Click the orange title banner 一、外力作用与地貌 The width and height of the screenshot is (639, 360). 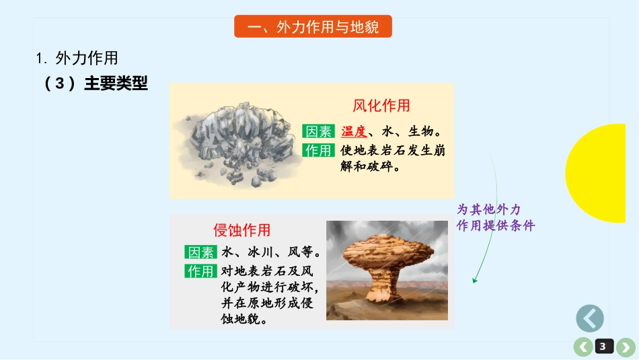point(313,27)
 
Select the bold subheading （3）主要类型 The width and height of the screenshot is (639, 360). point(95,83)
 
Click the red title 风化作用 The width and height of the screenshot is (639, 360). point(381,105)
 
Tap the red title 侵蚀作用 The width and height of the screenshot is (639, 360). point(241,230)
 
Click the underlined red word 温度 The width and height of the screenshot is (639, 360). point(354,131)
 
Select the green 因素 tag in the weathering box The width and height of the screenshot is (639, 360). point(318,131)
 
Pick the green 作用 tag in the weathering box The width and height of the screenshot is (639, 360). point(318,150)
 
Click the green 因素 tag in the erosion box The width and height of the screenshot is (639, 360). point(200,252)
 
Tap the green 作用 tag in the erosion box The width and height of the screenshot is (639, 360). point(200,271)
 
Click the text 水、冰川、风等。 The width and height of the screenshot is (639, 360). point(270,252)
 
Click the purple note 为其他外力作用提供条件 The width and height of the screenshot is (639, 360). point(494,217)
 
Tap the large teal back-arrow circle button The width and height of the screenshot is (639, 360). point(590,318)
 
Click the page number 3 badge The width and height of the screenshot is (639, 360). point(603,347)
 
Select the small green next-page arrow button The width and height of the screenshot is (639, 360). point(625,347)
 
